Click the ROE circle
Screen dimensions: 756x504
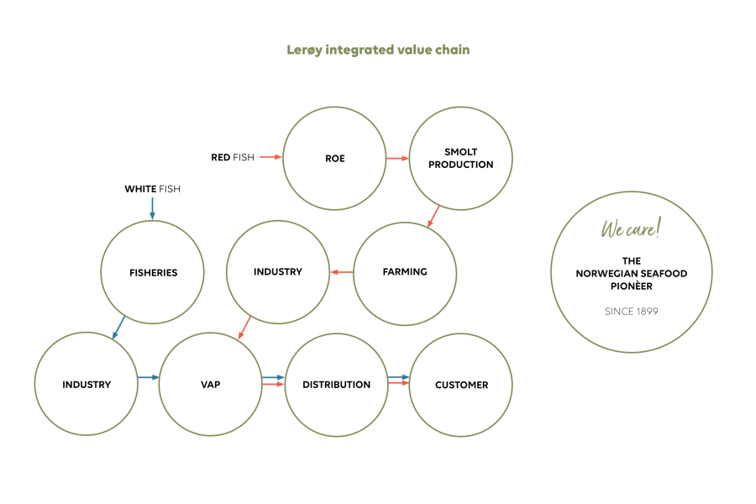334,158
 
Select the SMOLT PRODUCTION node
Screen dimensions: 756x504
461,158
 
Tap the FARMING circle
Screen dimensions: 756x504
405,274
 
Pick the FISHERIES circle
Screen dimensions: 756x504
152,272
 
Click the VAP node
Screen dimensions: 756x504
210,385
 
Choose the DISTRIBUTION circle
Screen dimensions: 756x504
337,385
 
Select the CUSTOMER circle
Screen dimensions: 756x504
461,385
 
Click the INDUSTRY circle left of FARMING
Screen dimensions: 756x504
278,272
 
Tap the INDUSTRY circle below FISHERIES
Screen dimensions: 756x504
87,384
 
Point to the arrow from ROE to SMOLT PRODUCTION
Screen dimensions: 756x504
398,158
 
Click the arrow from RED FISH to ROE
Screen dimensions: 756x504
271,157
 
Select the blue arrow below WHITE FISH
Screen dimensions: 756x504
152,208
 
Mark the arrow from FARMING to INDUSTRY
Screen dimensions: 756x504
342,272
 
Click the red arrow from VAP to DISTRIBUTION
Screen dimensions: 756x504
273,384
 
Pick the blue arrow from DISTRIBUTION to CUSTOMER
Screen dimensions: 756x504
399,377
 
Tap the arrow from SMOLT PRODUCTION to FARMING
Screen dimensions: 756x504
433,217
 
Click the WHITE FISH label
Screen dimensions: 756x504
152,189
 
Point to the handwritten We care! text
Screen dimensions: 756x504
631,228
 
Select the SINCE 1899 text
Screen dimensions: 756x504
632,312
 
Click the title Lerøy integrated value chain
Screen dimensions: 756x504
378,50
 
